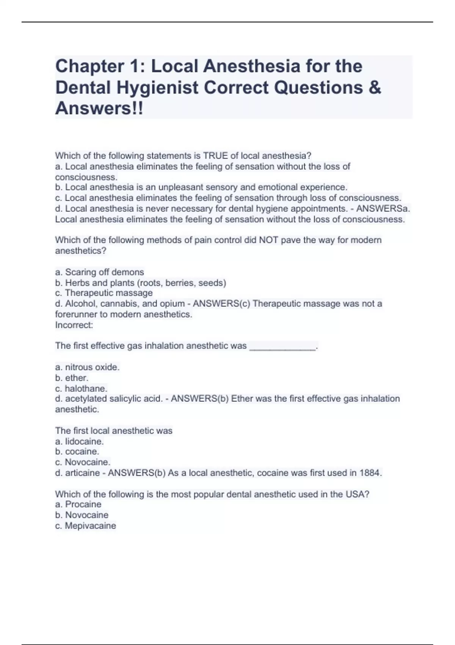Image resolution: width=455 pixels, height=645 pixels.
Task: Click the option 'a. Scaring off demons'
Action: [99, 272]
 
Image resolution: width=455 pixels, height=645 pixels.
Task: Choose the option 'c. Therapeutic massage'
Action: [104, 293]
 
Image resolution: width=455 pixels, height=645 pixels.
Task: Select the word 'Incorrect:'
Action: [74, 325]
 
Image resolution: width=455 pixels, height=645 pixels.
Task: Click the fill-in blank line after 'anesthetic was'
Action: [282, 346]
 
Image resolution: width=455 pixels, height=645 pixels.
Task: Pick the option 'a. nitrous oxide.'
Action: [87, 367]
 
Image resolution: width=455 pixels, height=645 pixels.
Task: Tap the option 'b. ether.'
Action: [72, 378]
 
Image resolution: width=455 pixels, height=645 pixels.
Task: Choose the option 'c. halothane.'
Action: [81, 389]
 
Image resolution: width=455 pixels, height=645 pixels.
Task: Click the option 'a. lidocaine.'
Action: [79, 442]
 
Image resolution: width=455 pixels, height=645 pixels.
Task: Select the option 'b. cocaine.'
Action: [77, 451]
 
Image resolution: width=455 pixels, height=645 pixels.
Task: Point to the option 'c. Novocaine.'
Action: [83, 462]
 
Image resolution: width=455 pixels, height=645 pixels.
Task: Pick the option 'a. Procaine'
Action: [78, 504]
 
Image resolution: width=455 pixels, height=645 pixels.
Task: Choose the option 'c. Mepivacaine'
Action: [85, 526]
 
